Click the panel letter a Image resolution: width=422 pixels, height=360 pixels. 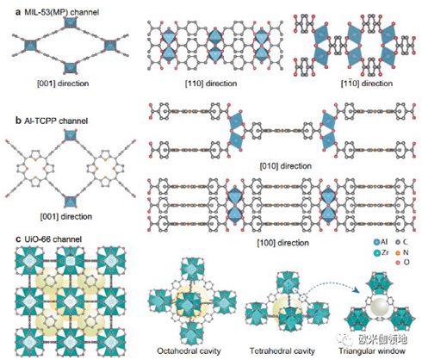click(x=18, y=12)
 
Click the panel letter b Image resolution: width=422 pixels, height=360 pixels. click(x=18, y=121)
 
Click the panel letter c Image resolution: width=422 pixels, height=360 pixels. click(x=18, y=239)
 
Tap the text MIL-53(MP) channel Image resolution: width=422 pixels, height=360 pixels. click(x=62, y=12)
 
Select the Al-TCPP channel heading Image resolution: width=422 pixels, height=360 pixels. click(x=56, y=121)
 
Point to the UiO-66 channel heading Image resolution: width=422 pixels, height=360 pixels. click(x=53, y=239)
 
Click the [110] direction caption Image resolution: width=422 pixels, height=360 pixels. click(x=211, y=84)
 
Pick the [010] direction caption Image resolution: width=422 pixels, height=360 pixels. click(x=286, y=166)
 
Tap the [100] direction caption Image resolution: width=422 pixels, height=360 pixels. click(x=283, y=243)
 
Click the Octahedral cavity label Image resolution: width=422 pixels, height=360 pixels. click(x=189, y=351)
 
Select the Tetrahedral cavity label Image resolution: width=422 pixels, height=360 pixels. click(x=282, y=351)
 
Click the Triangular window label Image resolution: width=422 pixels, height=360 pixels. click(x=372, y=351)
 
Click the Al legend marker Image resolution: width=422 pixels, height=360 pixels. click(x=376, y=242)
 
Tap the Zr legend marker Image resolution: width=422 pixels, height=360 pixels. click(x=376, y=253)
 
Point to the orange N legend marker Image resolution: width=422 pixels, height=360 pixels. click(x=398, y=253)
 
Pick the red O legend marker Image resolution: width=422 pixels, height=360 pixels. click(x=398, y=263)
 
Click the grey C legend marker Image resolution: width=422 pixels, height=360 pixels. click(x=398, y=242)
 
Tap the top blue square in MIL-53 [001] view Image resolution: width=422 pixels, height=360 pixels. click(x=71, y=22)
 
